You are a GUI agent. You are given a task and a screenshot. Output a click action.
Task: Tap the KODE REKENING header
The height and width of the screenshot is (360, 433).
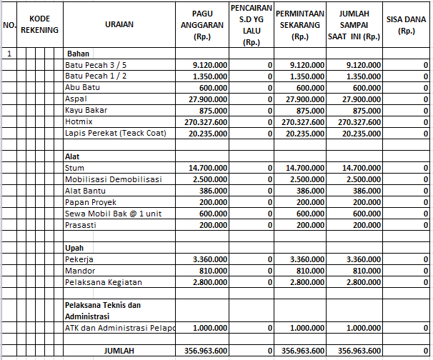[x=39, y=25]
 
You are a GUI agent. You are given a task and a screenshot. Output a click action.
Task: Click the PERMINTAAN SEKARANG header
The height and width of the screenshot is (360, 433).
[x=300, y=25]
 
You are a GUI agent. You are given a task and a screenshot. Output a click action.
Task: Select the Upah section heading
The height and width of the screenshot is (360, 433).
[x=74, y=247]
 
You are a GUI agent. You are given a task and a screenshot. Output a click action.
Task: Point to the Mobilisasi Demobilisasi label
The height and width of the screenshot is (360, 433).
[x=114, y=179]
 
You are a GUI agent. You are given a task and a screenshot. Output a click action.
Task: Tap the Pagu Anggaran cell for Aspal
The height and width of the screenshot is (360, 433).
[x=209, y=99]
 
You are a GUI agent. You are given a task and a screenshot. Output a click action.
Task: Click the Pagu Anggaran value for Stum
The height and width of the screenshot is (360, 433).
[x=209, y=167]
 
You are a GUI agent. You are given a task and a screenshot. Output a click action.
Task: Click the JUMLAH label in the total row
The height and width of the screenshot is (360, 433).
[x=119, y=350]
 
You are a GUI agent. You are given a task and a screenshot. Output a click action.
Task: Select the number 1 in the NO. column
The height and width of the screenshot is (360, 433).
[x=9, y=54]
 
